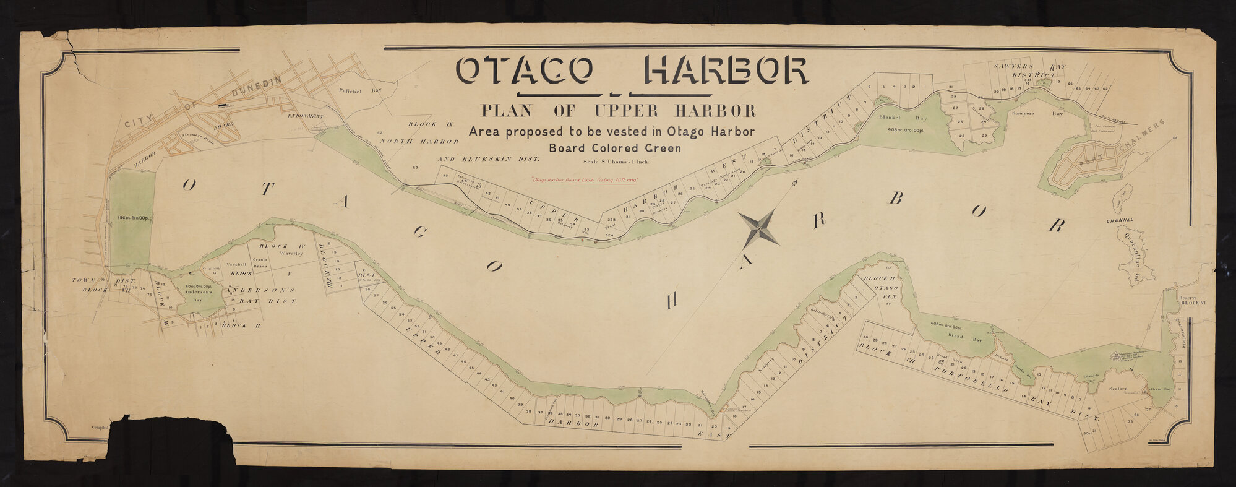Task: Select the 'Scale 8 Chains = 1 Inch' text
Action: (616, 162)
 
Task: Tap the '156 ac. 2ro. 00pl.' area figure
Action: (132, 218)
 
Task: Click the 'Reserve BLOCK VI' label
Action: (1191, 301)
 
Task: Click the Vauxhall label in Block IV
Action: (237, 264)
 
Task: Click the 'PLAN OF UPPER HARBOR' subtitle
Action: (617, 111)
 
